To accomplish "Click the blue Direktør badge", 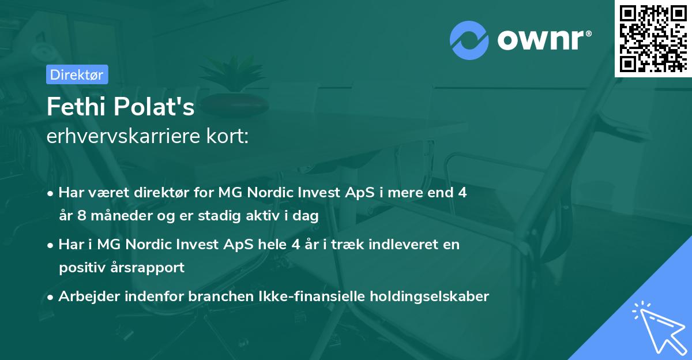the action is click(x=77, y=74).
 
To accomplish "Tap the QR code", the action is click(x=653, y=38).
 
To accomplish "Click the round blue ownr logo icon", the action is click(x=469, y=40).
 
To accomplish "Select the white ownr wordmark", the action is click(x=544, y=40).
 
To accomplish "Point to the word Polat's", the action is click(x=154, y=106).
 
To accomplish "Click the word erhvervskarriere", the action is click(x=123, y=136).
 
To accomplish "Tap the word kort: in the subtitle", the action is click(x=228, y=136).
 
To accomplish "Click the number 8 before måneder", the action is click(x=81, y=216).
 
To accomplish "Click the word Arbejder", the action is click(x=89, y=297).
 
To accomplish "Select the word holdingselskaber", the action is click(x=430, y=297).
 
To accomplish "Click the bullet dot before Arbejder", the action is click(x=50, y=298).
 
